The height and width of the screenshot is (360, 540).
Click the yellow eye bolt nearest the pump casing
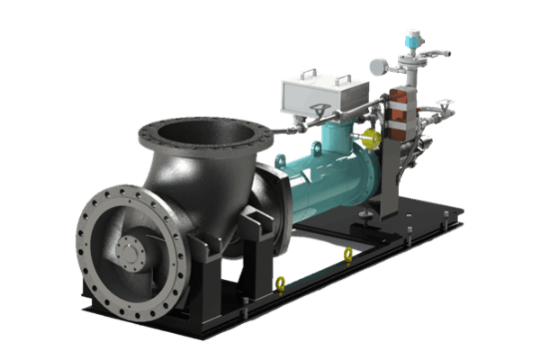point(281,284)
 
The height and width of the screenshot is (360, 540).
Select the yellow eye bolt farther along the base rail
point(348,256)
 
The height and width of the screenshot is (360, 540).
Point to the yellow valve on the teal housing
point(369,139)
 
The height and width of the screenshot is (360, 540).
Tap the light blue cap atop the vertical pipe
point(416,36)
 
